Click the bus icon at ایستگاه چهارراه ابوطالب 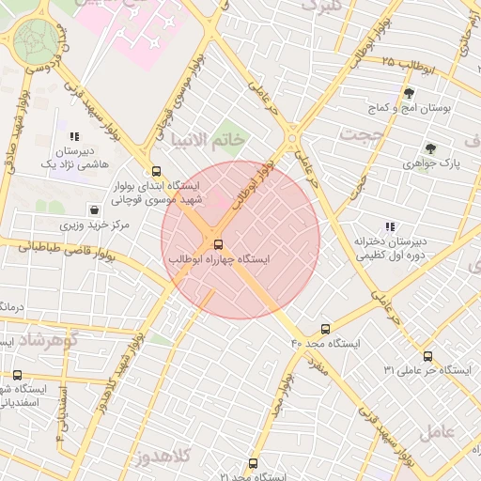click(220, 246)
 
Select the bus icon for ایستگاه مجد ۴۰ click(325, 330)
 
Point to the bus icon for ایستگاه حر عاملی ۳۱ click(427, 356)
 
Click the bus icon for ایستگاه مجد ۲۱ click(253, 463)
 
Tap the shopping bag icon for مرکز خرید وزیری click(94, 210)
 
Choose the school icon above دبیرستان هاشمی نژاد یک click(74, 137)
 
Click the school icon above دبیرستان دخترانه click(390, 226)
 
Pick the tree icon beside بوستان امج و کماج click(409, 93)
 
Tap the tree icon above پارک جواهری click(430, 147)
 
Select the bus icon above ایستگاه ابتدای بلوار click(156, 172)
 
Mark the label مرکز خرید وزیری click(95, 225)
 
